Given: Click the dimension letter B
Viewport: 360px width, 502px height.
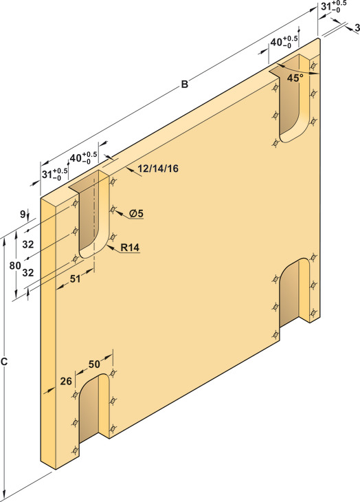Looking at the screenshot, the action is tap(185, 84).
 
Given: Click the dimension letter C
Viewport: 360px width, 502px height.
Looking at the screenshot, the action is tap(4, 362).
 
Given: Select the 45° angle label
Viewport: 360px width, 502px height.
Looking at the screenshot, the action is tap(295, 78).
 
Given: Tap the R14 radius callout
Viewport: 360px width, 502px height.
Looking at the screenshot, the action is tap(130, 248).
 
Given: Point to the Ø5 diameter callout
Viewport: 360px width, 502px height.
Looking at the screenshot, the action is tap(137, 213).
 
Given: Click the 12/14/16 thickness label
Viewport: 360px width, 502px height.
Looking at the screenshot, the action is tap(159, 168).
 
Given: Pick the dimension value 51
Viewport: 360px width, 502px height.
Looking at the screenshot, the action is tap(75, 279).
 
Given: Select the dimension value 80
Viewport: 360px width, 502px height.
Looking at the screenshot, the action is tap(14, 265).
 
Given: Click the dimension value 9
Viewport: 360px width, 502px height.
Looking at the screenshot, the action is tap(23, 214).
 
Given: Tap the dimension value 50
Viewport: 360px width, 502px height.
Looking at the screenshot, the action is tap(94, 364).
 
